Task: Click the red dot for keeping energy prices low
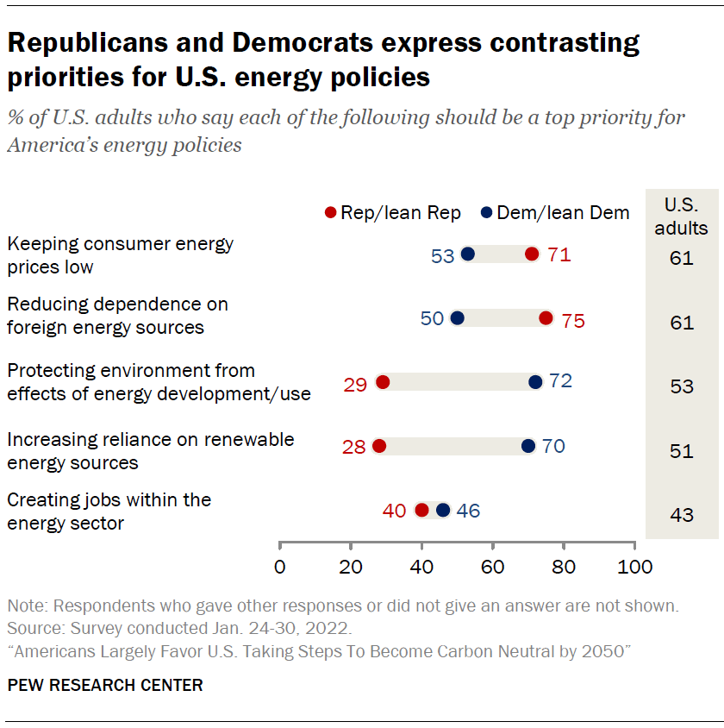click(x=532, y=254)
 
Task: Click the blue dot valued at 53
click(x=468, y=254)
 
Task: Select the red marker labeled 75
click(x=546, y=318)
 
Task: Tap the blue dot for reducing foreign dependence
click(x=458, y=318)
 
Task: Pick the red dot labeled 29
click(x=383, y=382)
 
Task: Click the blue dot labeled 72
click(x=535, y=382)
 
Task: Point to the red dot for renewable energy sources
click(x=379, y=446)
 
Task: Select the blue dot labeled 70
click(x=528, y=446)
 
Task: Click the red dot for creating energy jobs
click(x=421, y=510)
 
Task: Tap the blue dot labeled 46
click(x=443, y=510)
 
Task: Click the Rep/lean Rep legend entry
click(x=392, y=213)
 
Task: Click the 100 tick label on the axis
click(x=634, y=568)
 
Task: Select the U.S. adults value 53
click(x=682, y=386)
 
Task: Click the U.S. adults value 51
click(x=682, y=450)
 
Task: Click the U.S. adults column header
click(x=682, y=217)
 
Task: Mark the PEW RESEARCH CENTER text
click(x=105, y=686)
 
